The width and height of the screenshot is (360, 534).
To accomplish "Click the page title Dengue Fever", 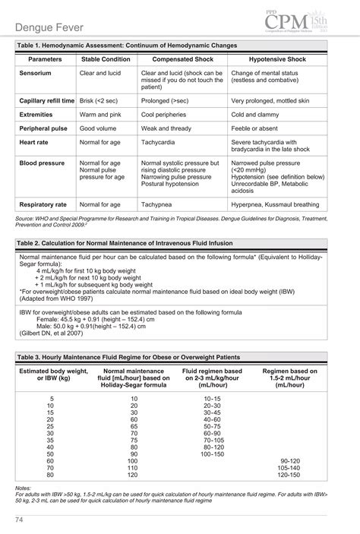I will coord(54,28).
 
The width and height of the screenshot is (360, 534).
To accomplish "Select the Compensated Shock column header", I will coord(182,58).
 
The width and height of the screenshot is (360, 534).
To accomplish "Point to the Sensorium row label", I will coord(36,74).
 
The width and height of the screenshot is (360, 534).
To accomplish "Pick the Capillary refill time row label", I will coord(46,100).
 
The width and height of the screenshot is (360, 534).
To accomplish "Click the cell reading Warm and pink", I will coord(100,115).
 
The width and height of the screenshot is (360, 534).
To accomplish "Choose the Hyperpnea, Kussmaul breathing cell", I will coord(275,205).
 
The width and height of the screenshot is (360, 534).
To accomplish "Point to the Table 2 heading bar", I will coord(179,244).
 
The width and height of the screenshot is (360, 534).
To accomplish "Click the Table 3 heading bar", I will coord(179,355).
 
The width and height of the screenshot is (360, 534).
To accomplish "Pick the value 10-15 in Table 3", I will coord(212,399).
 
